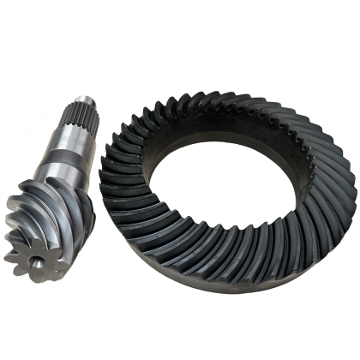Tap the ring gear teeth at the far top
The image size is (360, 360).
click(x=214, y=86)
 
